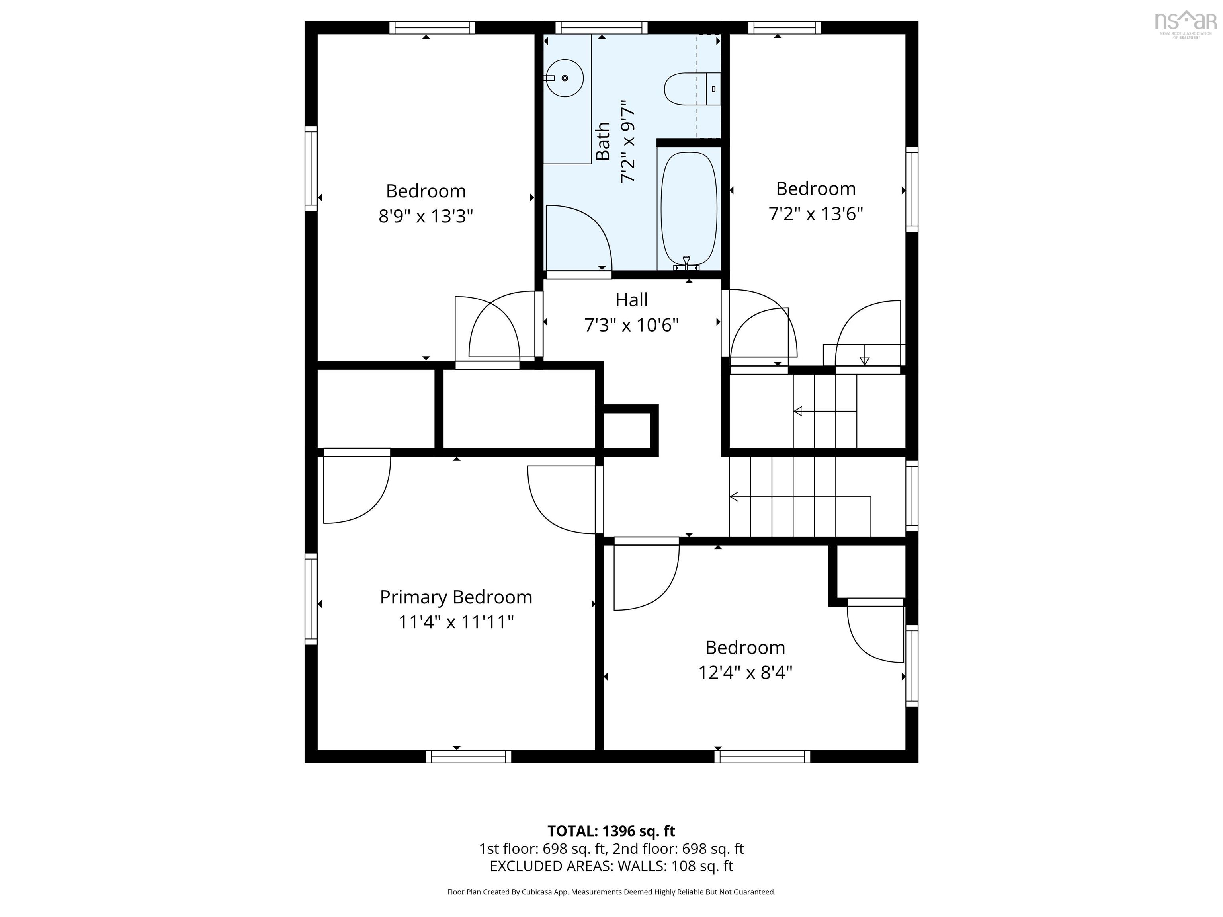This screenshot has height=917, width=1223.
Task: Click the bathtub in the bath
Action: (689, 209)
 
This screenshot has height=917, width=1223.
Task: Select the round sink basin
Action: (565, 78)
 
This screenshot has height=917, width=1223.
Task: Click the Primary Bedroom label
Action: (456, 597)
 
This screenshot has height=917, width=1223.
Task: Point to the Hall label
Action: (631, 300)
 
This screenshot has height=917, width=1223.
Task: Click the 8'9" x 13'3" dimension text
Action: (426, 216)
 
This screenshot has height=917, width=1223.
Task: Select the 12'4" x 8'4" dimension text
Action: (745, 673)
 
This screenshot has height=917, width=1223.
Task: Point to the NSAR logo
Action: (1186, 24)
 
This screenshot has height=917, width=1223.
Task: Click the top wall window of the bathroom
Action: (602, 27)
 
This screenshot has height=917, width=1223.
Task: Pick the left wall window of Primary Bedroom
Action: (311, 599)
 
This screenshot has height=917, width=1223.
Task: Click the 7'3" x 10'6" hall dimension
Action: (631, 324)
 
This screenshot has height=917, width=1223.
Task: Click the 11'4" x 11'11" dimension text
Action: (456, 622)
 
